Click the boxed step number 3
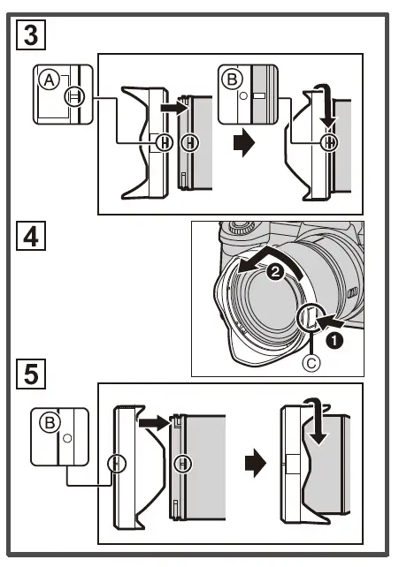pos(31,34)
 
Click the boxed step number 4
pos(31,236)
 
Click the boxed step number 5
pos(31,374)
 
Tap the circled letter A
pos(50,80)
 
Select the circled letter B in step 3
pos(232,79)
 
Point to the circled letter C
pos(311,363)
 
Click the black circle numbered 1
pos(334,340)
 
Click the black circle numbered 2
pos(276,271)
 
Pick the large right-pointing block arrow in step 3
pos(244,143)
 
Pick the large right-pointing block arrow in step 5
pos(256,464)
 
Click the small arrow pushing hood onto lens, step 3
pos(173,108)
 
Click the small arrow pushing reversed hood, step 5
pos(153,422)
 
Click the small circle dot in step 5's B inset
pos(67,439)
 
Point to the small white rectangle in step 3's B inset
pos(259,96)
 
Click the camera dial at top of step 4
pos(240,228)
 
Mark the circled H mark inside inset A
pos(74,96)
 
